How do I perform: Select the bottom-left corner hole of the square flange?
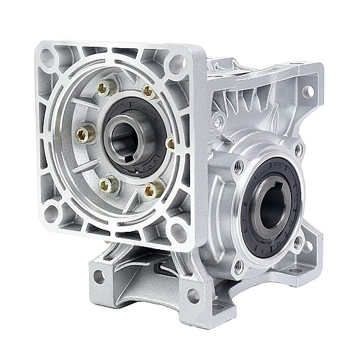(x=52, y=213)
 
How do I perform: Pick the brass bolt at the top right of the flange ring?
(x=148, y=91)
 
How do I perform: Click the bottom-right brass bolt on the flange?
(x=152, y=191)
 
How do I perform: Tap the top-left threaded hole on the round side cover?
(x=240, y=166)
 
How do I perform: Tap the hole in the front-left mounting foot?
(x=99, y=276)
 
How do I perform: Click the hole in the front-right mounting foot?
(x=193, y=295)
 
